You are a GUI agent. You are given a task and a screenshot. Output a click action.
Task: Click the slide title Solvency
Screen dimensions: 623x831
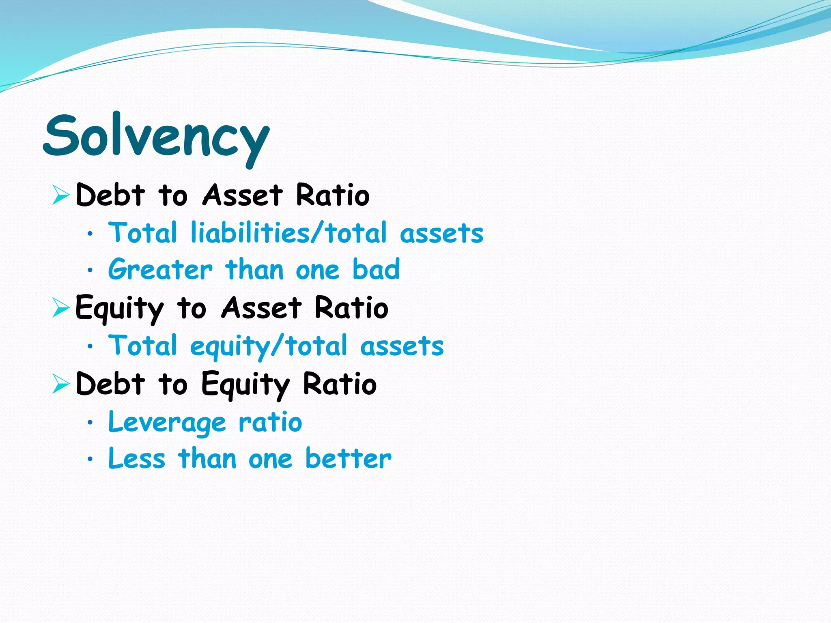click(x=156, y=137)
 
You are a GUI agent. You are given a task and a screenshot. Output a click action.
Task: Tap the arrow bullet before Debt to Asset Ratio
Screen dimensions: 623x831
click(x=61, y=194)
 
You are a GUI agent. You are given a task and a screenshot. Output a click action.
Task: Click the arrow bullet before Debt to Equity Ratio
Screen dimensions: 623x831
click(x=61, y=383)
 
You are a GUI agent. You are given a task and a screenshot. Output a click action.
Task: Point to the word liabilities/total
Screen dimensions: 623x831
click(x=288, y=233)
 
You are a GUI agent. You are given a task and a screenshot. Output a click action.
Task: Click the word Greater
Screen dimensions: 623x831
click(x=160, y=269)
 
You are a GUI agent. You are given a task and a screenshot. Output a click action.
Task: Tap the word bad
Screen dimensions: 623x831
click(x=376, y=269)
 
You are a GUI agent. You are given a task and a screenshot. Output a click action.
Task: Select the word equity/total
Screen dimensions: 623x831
click(x=269, y=346)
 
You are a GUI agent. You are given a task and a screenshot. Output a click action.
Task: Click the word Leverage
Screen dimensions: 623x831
click(x=167, y=423)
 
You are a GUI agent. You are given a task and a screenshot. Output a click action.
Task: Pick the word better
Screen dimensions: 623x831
click(x=348, y=458)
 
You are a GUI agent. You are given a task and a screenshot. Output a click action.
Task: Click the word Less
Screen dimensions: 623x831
click(x=137, y=458)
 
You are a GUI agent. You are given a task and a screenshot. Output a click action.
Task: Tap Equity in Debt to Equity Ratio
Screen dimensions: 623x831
click(x=245, y=384)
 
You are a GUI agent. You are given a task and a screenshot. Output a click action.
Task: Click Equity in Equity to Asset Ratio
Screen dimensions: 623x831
click(x=119, y=308)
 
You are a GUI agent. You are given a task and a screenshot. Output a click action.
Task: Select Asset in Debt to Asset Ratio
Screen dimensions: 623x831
click(x=242, y=195)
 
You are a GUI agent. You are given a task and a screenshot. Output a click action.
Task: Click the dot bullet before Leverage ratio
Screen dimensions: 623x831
click(x=90, y=423)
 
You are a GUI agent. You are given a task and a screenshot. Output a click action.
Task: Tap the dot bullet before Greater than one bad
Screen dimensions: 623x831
click(x=90, y=270)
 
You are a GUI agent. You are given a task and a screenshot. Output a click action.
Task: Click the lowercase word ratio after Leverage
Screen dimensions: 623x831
click(x=270, y=423)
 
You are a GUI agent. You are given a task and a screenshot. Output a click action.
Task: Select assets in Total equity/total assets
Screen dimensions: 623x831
click(x=402, y=346)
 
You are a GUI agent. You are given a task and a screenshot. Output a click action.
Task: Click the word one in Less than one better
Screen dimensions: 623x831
click(x=270, y=459)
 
